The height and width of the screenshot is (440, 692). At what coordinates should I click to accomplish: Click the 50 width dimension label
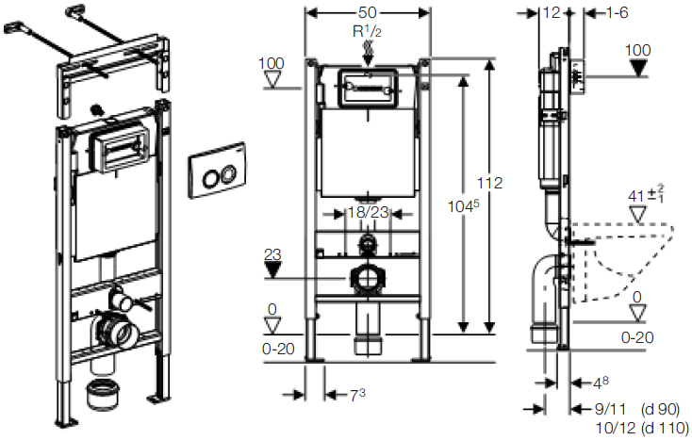coord(367,12)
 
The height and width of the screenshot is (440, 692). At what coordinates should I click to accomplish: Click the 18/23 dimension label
coord(367,213)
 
